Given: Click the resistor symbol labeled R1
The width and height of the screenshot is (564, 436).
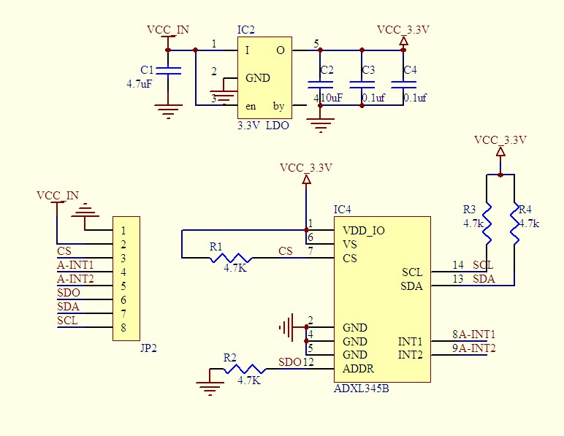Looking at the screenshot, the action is click(x=231, y=258).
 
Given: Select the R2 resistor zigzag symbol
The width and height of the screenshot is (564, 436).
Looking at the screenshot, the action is click(x=245, y=369).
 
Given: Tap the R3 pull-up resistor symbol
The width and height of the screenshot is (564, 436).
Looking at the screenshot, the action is click(x=487, y=223).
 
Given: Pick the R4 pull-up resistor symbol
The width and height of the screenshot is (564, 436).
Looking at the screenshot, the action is click(x=515, y=223).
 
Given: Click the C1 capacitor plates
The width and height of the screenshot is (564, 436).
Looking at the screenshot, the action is click(x=168, y=71).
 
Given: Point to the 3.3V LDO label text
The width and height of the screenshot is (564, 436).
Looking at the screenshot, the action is click(x=263, y=126).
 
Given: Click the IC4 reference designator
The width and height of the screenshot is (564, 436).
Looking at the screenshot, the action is click(x=342, y=209).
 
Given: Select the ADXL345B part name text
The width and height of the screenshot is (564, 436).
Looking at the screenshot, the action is click(x=361, y=389).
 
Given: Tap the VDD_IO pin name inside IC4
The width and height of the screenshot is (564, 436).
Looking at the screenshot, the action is click(x=364, y=230).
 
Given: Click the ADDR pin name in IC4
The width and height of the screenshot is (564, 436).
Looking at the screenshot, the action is click(x=358, y=368).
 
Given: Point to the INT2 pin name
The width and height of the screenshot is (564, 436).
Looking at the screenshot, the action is click(x=411, y=355).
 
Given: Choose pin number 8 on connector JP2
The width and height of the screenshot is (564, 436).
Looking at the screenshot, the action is click(x=123, y=327).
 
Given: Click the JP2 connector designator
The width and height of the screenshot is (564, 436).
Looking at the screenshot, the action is click(x=148, y=348).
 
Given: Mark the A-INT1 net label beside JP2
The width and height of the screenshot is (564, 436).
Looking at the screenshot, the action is click(x=75, y=265).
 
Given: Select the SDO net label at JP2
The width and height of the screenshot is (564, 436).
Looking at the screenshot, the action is click(x=69, y=293).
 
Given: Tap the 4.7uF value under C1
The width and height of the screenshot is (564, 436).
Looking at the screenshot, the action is click(x=140, y=84).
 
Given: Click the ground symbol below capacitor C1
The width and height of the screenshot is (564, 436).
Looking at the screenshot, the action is click(x=168, y=112).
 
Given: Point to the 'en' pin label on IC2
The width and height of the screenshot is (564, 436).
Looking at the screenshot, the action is click(x=251, y=107).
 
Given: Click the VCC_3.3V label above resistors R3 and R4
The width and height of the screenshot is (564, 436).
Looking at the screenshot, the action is click(x=500, y=139).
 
